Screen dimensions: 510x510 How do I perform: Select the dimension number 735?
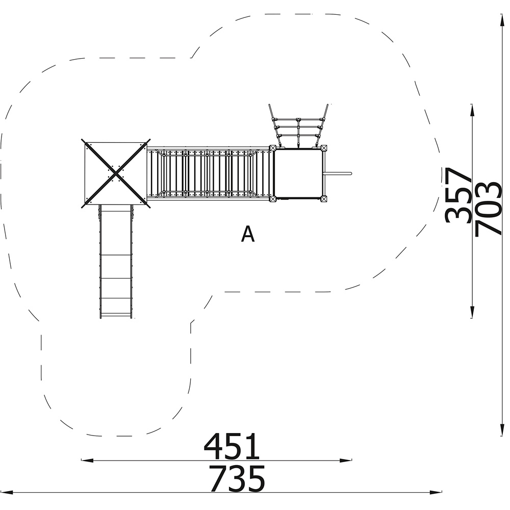point(237,478)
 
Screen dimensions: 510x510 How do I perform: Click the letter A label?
point(248,234)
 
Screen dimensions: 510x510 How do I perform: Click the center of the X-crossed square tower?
point(116,174)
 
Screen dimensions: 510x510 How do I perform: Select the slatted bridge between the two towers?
point(208,173)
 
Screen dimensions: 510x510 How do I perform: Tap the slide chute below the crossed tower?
point(116,262)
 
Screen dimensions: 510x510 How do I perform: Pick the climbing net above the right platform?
point(298,126)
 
